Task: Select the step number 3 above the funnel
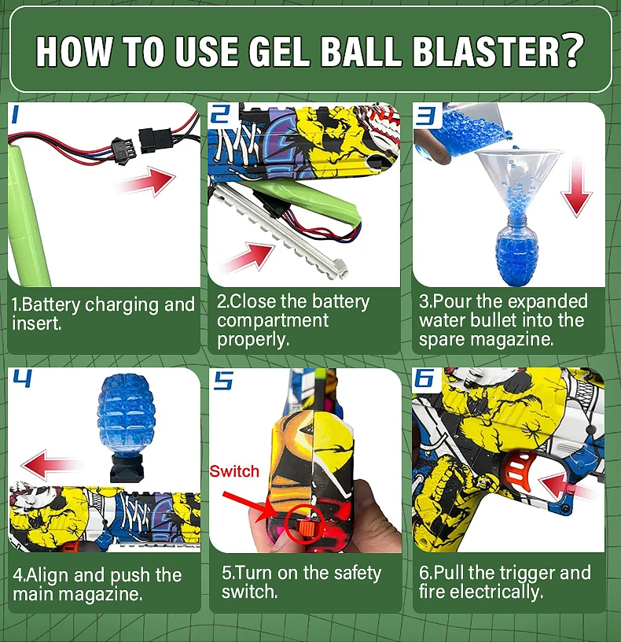[x=425, y=117]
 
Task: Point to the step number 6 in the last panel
[x=425, y=380]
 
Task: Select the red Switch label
[x=233, y=471]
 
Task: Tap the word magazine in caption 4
[x=108, y=595]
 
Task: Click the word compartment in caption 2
[x=273, y=320]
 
